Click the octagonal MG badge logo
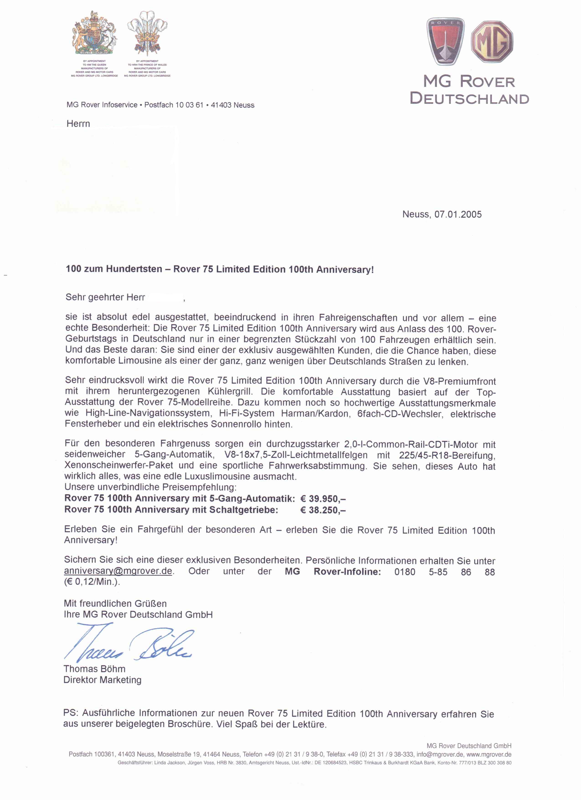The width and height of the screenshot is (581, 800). (492, 42)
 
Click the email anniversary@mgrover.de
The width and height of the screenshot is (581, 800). (118, 571)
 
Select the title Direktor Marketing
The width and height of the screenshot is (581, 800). (102, 680)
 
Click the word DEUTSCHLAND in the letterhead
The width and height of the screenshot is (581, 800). (470, 98)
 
